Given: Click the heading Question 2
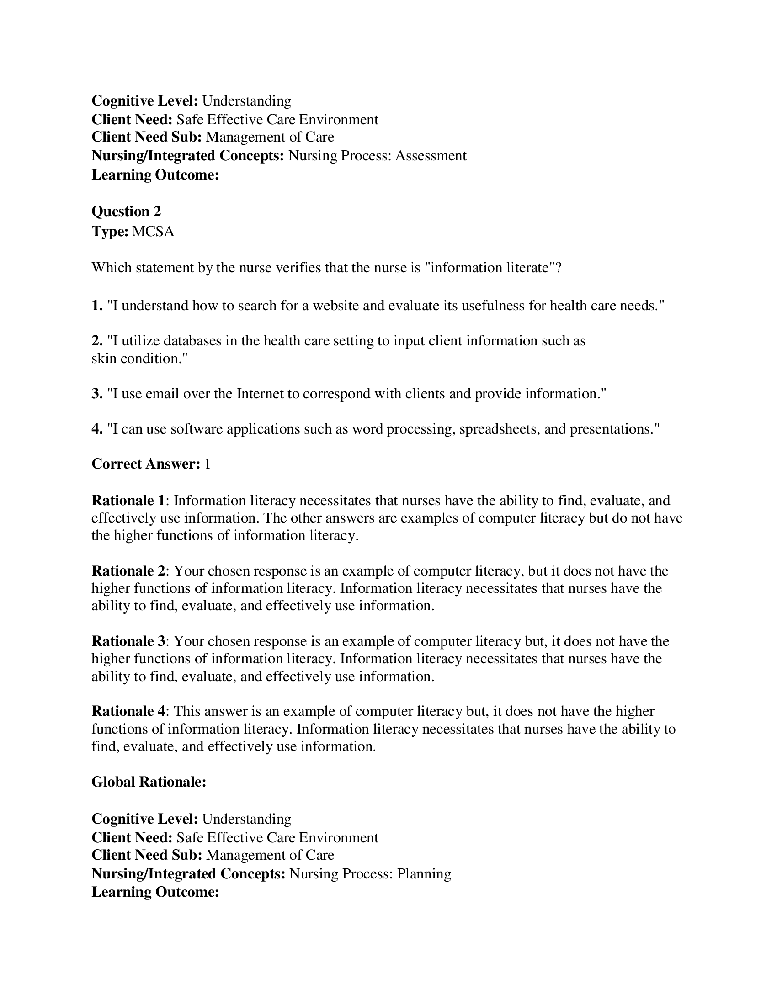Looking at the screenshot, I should tap(126, 211).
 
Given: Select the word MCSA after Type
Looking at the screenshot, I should tap(153, 232).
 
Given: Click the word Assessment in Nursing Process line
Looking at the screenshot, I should tap(431, 156).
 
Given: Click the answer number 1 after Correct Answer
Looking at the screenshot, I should tap(207, 464).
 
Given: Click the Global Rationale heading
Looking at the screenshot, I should tap(148, 782).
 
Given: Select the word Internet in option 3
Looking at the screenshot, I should tap(260, 394).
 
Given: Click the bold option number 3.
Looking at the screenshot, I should tap(96, 394).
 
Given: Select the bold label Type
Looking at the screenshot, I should tap(110, 232).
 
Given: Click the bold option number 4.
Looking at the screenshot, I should tap(96, 429).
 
